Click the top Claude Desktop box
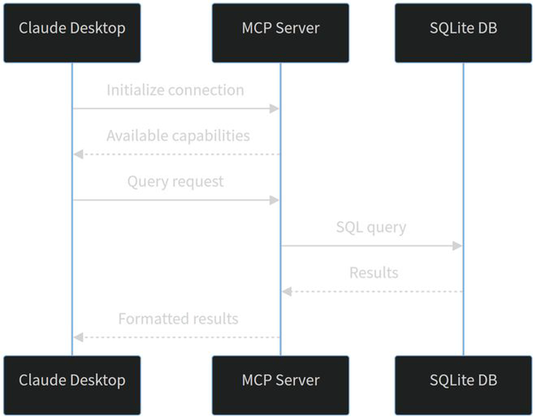click(x=72, y=33)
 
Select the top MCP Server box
click(x=280, y=33)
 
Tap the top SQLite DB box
click(x=464, y=33)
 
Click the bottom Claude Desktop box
click(x=72, y=385)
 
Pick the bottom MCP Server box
click(x=280, y=385)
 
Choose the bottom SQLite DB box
click(x=464, y=385)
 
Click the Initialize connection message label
click(x=175, y=90)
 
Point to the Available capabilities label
click(x=178, y=136)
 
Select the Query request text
click(x=176, y=182)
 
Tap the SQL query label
click(x=371, y=227)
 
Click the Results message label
click(x=374, y=273)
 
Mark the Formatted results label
click(x=178, y=319)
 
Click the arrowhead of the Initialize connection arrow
click(x=274, y=109)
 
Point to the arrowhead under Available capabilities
click(x=78, y=154)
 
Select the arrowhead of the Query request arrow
click(x=274, y=200)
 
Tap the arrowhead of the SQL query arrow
click(x=457, y=246)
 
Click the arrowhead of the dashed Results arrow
click(x=287, y=292)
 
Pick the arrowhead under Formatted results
click(x=78, y=337)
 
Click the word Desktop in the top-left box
click(x=98, y=29)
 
